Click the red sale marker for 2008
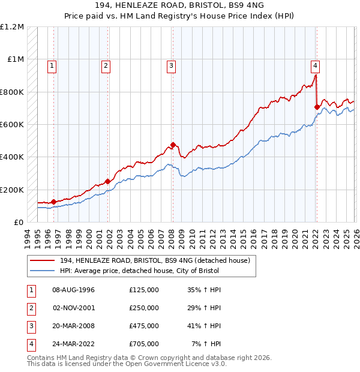pyautogui.click(x=173, y=145)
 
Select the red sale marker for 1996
pyautogui.click(x=53, y=202)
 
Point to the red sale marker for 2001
pyautogui.click(x=107, y=181)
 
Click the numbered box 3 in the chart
pyautogui.click(x=171, y=66)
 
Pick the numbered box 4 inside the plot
pyautogui.click(x=315, y=66)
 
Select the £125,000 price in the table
pyautogui.click(x=144, y=290)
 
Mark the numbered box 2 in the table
pyautogui.click(x=31, y=308)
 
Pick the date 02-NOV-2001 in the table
pyautogui.click(x=74, y=308)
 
